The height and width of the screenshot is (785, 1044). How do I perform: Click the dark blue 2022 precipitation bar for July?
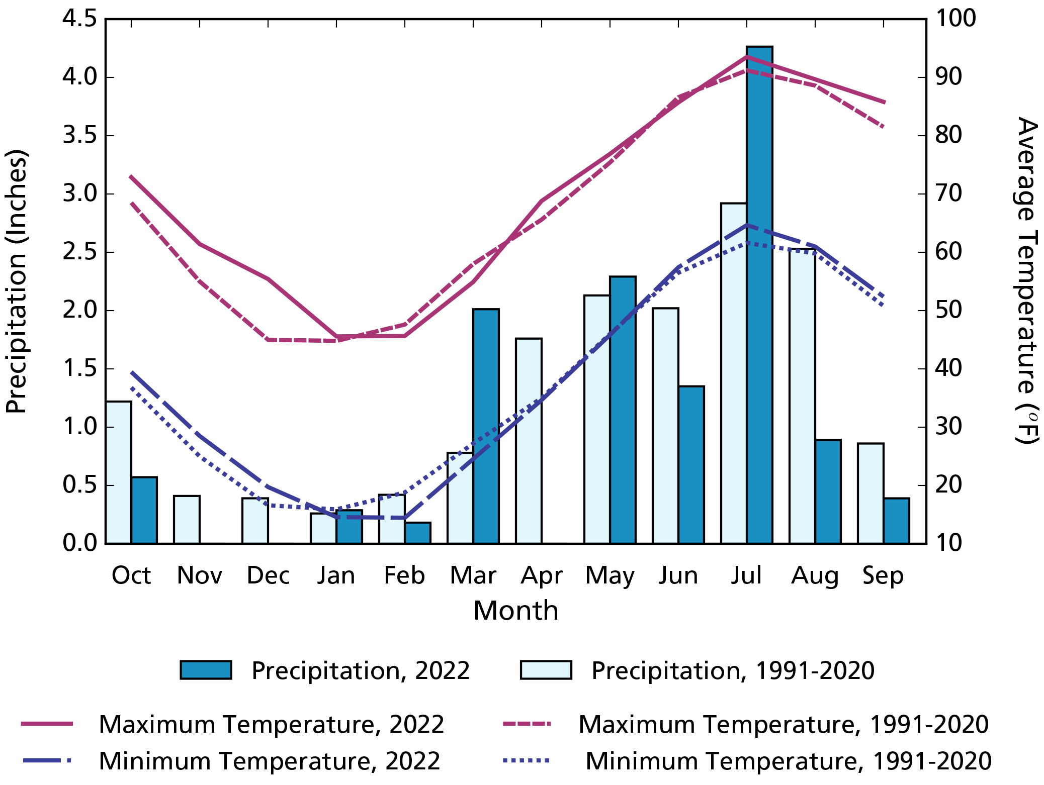(x=759, y=302)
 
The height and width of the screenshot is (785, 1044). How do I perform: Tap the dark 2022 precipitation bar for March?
(x=486, y=427)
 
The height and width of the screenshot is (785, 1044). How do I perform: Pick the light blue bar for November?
(x=187, y=520)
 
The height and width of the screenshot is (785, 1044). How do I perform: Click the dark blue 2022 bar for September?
(x=896, y=521)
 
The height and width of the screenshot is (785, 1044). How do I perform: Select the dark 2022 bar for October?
(x=144, y=510)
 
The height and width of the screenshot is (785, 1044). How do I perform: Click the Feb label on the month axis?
(x=404, y=575)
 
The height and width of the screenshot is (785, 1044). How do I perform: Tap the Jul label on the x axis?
(x=746, y=575)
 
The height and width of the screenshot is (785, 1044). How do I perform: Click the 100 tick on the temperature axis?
(x=955, y=19)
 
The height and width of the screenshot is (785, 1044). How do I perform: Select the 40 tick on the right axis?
(x=948, y=368)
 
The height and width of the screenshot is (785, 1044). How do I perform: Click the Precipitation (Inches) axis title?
(x=16, y=281)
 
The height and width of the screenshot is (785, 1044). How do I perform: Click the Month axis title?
(x=515, y=611)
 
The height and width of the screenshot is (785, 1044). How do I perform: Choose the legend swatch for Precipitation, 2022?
(x=206, y=670)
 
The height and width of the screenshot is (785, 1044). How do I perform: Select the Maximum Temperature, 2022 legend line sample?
(x=47, y=724)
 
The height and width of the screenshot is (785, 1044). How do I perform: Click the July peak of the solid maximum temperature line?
(x=747, y=56)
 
